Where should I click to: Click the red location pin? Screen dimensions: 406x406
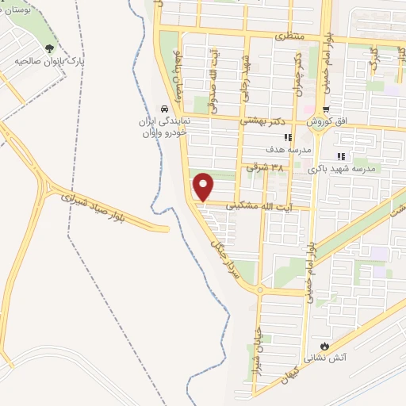point(204,186)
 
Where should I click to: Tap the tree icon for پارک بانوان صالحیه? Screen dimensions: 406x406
point(49,49)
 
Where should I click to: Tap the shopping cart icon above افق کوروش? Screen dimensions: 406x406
point(325,109)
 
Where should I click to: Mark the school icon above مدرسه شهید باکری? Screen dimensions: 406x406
point(341,156)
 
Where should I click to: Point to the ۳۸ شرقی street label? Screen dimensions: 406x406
point(264,167)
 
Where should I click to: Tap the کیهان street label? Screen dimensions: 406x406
point(296,370)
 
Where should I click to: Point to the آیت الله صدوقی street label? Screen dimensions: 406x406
point(213,93)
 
